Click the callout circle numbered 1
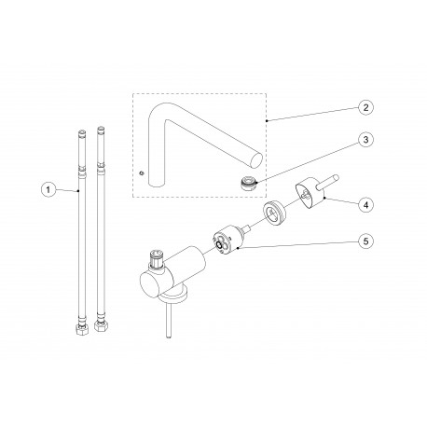point(48,189)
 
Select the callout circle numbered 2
point(365,107)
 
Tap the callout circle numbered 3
point(365,140)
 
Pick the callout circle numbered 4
point(365,205)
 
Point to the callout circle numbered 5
point(365,241)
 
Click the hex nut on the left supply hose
point(82,329)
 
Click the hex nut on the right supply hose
point(101,327)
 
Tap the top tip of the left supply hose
point(82,131)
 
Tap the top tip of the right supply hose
point(101,127)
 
